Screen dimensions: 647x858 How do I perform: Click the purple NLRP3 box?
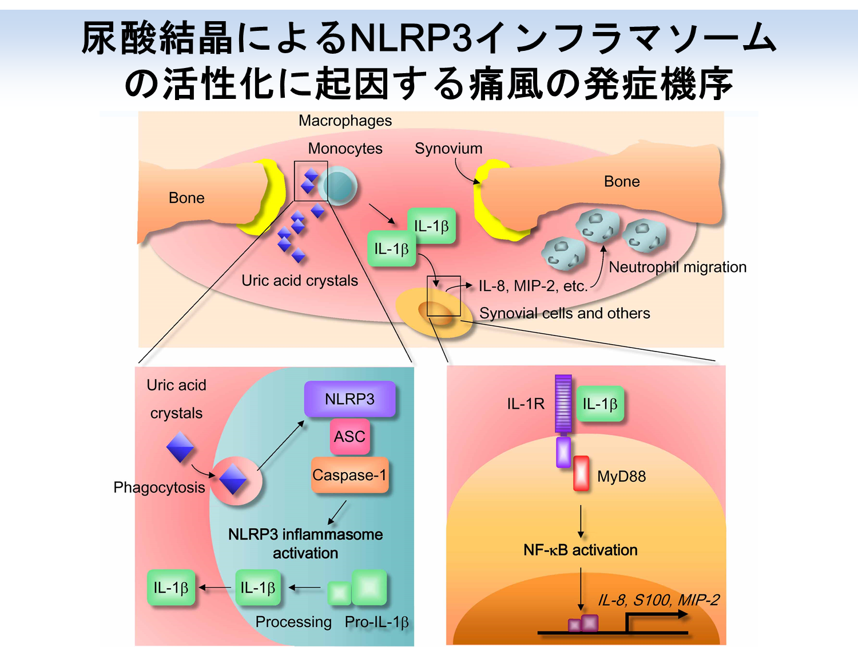[x=349, y=399]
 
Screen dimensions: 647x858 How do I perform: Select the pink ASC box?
[x=349, y=437]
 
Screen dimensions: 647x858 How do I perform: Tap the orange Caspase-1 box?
[x=349, y=475]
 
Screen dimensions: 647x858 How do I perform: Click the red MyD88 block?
[x=581, y=473]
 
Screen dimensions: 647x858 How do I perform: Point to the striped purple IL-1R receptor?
[x=563, y=404]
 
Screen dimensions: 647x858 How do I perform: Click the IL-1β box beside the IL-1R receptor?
[x=599, y=404]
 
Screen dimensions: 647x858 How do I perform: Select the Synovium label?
[x=448, y=149]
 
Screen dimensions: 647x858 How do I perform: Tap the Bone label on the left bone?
[x=186, y=198]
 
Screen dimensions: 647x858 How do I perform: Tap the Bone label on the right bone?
[x=622, y=182]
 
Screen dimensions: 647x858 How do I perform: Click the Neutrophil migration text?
[x=677, y=267]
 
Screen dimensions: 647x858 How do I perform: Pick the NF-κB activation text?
[x=580, y=550]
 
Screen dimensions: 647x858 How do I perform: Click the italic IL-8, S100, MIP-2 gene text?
[x=658, y=600]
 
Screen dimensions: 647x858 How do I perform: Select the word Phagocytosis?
[x=159, y=488]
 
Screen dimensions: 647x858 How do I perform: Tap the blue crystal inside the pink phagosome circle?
[x=233, y=479]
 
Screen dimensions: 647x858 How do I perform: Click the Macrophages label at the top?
[x=345, y=121]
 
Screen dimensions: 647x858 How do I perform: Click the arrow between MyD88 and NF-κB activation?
[x=581, y=521]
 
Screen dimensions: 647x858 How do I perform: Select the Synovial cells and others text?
[x=564, y=313]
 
